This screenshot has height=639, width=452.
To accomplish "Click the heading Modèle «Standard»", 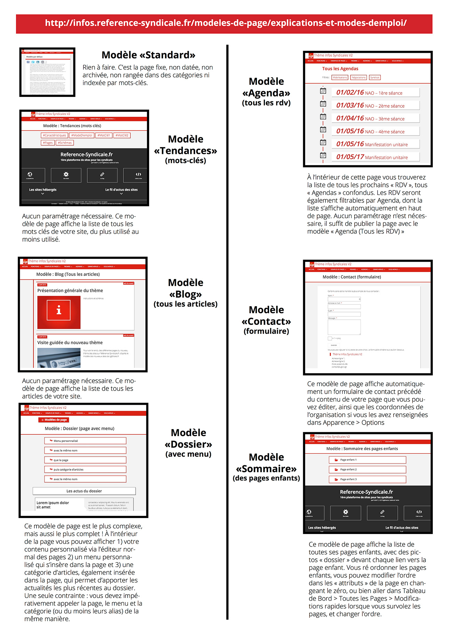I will [x=148, y=55].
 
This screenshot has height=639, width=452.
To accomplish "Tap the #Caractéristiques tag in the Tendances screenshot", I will [x=54, y=135].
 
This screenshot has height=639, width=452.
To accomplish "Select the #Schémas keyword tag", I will [x=65, y=142].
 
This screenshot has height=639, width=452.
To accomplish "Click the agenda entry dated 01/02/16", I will [x=375, y=93].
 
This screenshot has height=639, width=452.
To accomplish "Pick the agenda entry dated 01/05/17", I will [x=375, y=157].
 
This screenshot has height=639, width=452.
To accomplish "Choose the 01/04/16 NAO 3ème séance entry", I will [x=375, y=118].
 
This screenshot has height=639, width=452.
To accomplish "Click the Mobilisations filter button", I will [x=340, y=77].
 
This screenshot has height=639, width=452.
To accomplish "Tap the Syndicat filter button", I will [x=374, y=77].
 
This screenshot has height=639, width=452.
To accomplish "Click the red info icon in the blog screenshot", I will [x=59, y=310].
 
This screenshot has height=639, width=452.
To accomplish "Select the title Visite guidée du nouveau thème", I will [x=70, y=343].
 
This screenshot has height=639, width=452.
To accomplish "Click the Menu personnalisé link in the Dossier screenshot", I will [x=85, y=441].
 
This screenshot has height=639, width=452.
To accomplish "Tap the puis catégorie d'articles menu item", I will [x=85, y=469].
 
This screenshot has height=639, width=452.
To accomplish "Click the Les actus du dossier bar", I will [x=84, y=491].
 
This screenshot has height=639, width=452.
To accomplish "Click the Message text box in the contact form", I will [x=344, y=327].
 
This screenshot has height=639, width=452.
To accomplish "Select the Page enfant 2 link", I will [x=367, y=469].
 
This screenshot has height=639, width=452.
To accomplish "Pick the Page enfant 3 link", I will [x=367, y=479].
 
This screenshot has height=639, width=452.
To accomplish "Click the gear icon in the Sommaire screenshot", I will [x=346, y=512].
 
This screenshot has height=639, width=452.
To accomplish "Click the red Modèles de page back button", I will [x=54, y=420].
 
